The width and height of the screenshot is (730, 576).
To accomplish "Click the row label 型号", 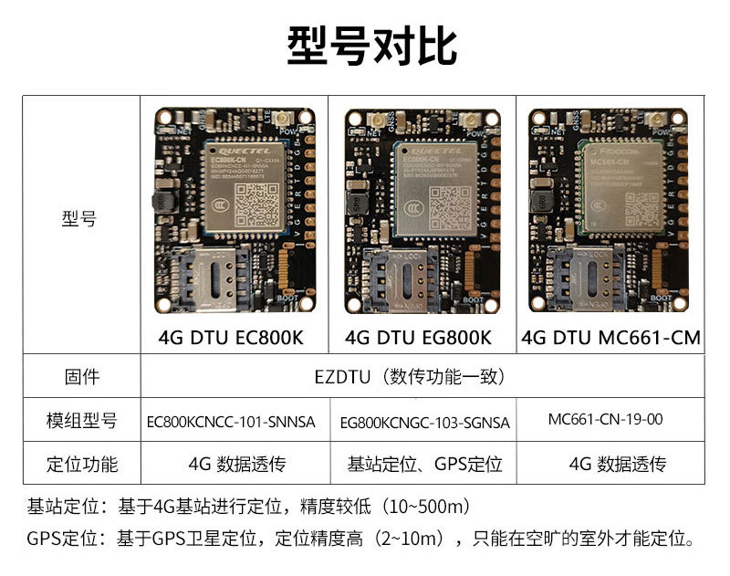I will tap(80, 220).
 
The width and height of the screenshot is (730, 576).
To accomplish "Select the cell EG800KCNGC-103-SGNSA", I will tap(424, 423).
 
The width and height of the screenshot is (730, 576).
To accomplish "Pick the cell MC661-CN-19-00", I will tap(606, 420).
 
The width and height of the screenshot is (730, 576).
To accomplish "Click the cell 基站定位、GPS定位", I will tap(424, 464).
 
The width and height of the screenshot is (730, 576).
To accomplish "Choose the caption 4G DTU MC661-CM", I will tap(610, 338).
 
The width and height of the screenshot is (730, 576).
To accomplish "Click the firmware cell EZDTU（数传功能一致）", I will tap(421, 376).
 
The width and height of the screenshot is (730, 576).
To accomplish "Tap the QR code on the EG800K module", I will tap(451, 206).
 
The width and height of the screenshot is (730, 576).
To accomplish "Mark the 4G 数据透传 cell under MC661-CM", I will tap(617, 464).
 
